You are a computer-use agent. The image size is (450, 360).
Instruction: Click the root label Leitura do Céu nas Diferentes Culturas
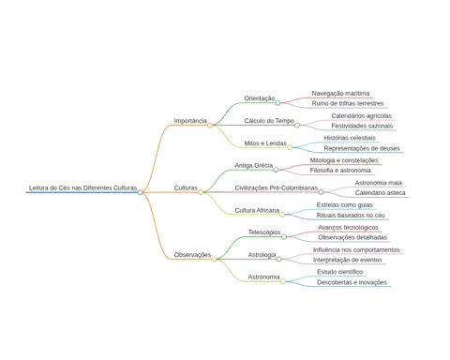82,187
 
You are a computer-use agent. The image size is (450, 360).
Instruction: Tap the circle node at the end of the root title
140,192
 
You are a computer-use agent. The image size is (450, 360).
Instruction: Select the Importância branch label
190,121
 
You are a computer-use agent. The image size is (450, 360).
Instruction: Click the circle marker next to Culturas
201,192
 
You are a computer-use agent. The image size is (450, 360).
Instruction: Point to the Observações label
192,255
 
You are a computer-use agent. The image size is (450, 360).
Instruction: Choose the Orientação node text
260,98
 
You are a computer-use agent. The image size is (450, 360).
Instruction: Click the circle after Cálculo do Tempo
297,126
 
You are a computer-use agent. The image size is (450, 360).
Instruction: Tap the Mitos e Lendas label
265,143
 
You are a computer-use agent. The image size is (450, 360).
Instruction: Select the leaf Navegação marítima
340,94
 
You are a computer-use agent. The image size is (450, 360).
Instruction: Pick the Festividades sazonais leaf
362,126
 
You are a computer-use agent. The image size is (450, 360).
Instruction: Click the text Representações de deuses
362,148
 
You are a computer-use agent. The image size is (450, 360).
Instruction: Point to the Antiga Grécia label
254,165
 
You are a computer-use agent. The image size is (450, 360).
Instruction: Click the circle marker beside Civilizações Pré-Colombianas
321,192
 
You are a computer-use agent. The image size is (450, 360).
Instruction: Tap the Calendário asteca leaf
380,193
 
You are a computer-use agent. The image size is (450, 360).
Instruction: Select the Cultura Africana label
257,210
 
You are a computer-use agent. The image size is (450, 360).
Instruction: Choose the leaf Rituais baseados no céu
351,216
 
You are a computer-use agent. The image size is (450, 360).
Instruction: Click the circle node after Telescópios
284,237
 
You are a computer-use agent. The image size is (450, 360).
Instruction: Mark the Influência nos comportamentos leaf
356,250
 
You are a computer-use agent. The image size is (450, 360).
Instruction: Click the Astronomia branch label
263,277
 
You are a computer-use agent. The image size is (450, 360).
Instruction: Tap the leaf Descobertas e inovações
352,282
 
